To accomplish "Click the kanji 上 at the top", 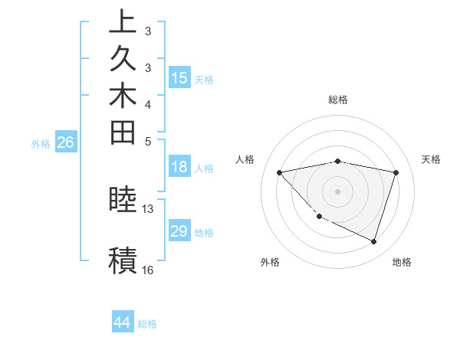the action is click(x=123, y=21).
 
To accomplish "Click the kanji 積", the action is click(x=123, y=260).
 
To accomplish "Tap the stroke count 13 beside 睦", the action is click(x=148, y=208).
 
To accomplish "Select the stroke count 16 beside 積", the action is click(x=148, y=270).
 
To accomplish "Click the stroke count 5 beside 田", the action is click(x=148, y=141).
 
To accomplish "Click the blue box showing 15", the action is click(x=179, y=77).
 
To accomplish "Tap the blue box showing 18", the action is click(x=179, y=168).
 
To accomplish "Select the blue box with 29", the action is click(x=179, y=231).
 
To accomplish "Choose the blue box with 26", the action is click(x=66, y=142).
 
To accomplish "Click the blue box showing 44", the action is click(x=123, y=322).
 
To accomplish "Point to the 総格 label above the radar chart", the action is click(x=338, y=100).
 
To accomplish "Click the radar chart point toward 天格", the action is click(x=396, y=172).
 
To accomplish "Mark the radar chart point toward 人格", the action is click(x=279, y=172).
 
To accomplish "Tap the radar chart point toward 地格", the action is click(x=373, y=241).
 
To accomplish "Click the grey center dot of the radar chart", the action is click(x=337, y=191).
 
